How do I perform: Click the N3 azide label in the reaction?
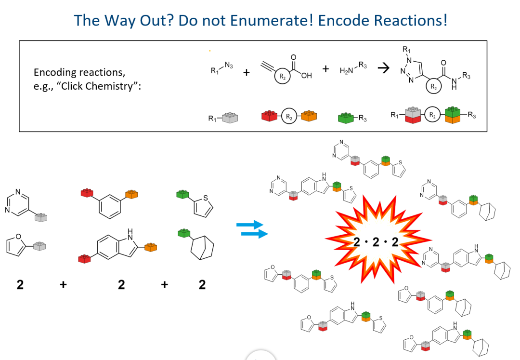(228, 66)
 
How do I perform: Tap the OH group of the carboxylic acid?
(307, 76)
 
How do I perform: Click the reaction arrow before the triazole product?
(383, 69)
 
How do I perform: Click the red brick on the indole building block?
(85, 259)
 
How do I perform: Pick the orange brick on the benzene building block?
(131, 195)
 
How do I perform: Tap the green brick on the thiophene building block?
(182, 195)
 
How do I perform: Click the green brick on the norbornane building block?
(183, 233)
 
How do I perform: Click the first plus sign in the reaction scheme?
(247, 73)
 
